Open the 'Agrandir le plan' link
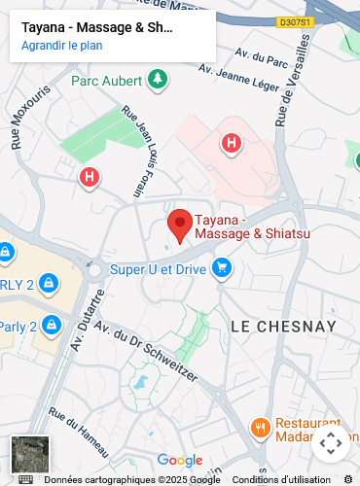(61, 45)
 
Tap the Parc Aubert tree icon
(156, 79)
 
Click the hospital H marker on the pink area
(231, 145)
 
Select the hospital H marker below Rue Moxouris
(89, 177)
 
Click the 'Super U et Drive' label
(157, 268)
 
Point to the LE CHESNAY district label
(283, 326)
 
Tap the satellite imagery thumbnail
(29, 455)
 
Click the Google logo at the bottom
(180, 461)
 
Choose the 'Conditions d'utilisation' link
(281, 479)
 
